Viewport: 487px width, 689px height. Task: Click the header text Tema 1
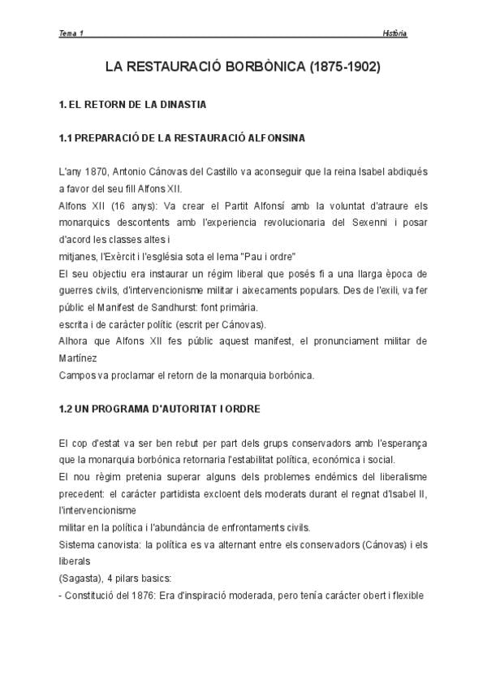[x=71, y=33]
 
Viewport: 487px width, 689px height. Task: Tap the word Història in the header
[x=394, y=33]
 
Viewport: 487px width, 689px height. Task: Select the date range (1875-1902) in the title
[x=345, y=67]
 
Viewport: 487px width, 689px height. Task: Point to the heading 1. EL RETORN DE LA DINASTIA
[x=132, y=105]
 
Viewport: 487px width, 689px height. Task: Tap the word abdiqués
[x=404, y=172]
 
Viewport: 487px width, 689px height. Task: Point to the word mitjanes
[x=75, y=257]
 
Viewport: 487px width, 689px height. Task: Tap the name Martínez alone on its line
[x=77, y=357]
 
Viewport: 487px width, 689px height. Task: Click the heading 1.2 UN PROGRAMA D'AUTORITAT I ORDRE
[x=160, y=409]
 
